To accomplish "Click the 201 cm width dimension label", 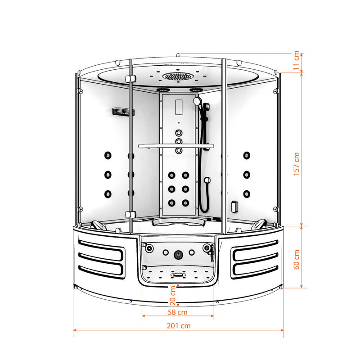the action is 179,326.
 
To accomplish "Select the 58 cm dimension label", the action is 177,312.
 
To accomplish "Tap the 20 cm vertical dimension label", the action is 173,296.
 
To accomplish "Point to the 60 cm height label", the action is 297,260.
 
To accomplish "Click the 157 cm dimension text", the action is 297,164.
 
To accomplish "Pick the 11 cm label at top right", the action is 296,60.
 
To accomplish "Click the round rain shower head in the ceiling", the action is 178,76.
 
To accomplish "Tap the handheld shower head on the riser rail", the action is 197,101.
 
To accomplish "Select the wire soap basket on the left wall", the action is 123,112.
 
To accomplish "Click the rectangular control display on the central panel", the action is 179,107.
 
